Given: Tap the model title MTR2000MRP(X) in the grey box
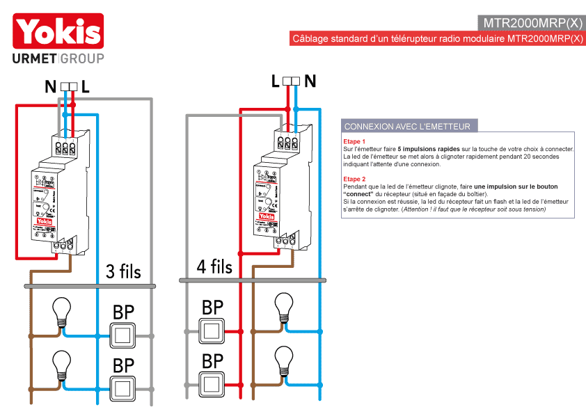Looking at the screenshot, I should click(x=532, y=22).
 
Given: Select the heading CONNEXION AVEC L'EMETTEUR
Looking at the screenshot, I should click(x=407, y=127).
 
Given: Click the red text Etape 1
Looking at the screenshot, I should click(x=354, y=141).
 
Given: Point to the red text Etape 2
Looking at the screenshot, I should click(x=354, y=179).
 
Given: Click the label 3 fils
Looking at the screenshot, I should click(x=123, y=271).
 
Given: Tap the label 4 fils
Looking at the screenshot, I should click(x=214, y=266).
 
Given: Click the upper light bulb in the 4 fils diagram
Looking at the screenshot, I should click(x=283, y=306).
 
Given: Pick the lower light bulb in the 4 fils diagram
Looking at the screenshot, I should click(x=283, y=359).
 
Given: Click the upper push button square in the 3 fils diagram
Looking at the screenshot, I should click(x=124, y=335).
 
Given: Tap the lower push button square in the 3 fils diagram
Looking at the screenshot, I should click(x=124, y=387).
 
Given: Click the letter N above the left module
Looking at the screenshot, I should click(x=50, y=87).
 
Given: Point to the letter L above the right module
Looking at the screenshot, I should click(x=276, y=81).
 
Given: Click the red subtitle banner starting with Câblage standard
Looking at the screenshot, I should click(x=438, y=39).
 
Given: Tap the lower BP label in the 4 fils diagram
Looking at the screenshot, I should click(x=212, y=361).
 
